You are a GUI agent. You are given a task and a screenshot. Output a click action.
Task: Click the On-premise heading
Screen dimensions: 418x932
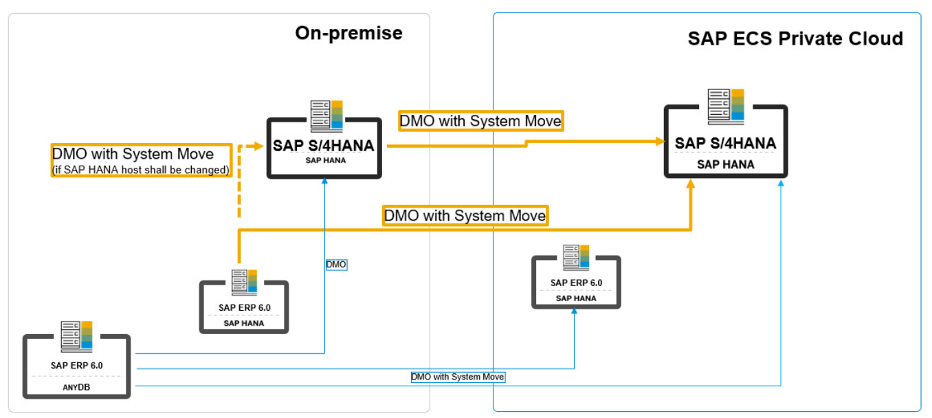click(348, 33)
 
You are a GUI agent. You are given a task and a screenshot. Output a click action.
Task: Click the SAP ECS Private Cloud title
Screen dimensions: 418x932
click(795, 38)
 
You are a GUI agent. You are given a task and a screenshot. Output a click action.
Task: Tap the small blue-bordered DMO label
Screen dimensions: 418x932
click(336, 264)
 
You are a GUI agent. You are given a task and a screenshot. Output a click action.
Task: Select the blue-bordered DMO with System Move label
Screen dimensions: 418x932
click(458, 377)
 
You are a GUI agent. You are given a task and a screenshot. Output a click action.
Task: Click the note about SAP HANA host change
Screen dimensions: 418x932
click(141, 170)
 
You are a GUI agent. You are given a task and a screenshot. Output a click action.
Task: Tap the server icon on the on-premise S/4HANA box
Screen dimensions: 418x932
click(326, 115)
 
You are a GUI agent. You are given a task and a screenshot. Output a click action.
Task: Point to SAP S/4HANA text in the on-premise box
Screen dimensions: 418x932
click(324, 146)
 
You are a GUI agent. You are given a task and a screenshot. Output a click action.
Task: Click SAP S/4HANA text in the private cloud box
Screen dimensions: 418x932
click(725, 143)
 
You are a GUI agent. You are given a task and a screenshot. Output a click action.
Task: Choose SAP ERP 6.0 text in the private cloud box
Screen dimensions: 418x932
click(576, 283)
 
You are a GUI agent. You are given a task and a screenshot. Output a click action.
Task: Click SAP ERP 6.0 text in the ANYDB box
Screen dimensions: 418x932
click(76, 365)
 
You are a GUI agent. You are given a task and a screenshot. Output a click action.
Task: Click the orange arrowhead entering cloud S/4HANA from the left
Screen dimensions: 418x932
click(660, 141)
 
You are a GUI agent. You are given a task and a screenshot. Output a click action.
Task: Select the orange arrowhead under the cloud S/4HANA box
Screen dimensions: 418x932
click(691, 184)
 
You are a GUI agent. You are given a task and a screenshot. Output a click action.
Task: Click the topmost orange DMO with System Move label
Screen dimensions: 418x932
click(480, 121)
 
